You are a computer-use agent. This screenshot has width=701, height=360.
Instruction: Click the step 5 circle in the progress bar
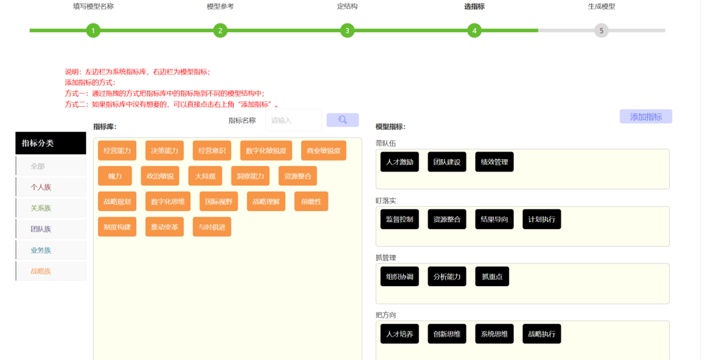tap(601, 31)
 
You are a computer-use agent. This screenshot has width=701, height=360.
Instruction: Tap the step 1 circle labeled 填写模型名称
tap(93, 31)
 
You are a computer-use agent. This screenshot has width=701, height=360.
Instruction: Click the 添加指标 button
tap(645, 117)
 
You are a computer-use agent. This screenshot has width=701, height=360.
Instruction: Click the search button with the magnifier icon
tap(343, 120)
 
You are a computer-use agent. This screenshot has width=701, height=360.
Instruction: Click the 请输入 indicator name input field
tap(293, 120)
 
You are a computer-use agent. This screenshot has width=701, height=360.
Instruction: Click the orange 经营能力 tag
tap(117, 150)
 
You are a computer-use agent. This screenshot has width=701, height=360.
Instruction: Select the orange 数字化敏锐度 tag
tap(266, 150)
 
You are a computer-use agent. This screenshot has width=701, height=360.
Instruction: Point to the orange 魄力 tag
tap(115, 176)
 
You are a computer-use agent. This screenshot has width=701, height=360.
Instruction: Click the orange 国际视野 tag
tap(218, 201)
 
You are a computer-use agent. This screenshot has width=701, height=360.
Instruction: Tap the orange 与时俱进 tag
tap(212, 227)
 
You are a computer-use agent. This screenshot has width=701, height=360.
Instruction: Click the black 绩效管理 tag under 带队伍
tap(494, 162)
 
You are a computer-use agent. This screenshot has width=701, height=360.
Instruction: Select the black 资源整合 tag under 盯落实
tap(447, 219)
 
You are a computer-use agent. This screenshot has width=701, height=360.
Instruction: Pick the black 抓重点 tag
tap(492, 276)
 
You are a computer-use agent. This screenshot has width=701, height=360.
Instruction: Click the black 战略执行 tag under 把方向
tap(542, 333)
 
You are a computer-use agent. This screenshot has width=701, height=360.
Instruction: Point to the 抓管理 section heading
tap(386, 258)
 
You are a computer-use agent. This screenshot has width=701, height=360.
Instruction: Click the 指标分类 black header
tap(51, 143)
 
